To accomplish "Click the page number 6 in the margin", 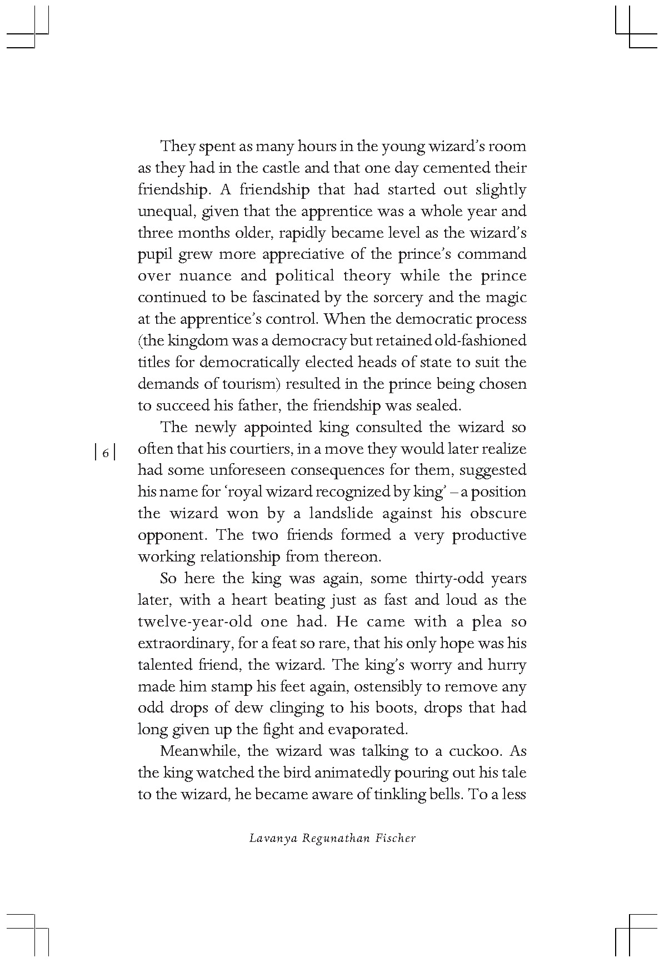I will coord(106,453).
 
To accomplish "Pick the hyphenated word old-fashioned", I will coord(481,340).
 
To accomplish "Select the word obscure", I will coord(498,514).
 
